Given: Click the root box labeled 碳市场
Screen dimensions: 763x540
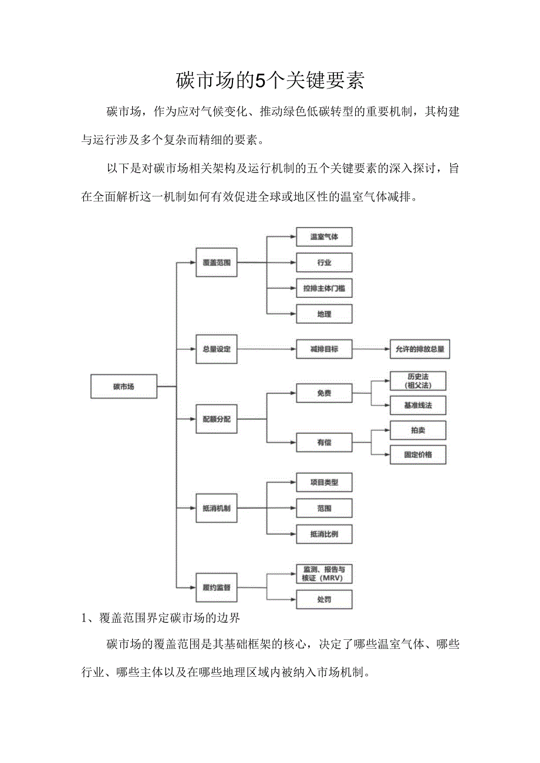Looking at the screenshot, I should point(124,386).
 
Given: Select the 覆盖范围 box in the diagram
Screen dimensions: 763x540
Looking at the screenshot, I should point(216,263).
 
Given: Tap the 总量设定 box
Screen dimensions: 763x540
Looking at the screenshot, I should point(216,349).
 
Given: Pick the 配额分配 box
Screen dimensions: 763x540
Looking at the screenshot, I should point(216,419).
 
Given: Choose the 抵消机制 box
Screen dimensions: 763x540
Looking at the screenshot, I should point(216,508).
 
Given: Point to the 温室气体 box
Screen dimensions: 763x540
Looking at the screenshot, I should point(324,237).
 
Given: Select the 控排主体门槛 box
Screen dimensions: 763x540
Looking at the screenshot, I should point(324,289).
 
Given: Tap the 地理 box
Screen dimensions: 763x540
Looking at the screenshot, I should point(324,314).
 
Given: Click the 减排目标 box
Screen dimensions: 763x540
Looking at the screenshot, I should point(324,349).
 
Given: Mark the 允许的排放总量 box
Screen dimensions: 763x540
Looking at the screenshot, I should point(420,349).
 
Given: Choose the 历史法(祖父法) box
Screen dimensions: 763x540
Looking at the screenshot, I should point(418,381).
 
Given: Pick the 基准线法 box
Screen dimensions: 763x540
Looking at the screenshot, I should point(418,405).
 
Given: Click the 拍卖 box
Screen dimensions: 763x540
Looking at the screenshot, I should point(418,430).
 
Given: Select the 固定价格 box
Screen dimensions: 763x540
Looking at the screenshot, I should point(418,455).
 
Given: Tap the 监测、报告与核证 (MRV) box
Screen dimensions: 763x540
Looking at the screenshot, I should point(324,574).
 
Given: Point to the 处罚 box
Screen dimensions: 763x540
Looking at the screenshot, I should point(324,599).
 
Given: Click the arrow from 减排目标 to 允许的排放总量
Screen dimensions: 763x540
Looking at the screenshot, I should point(371,349).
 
